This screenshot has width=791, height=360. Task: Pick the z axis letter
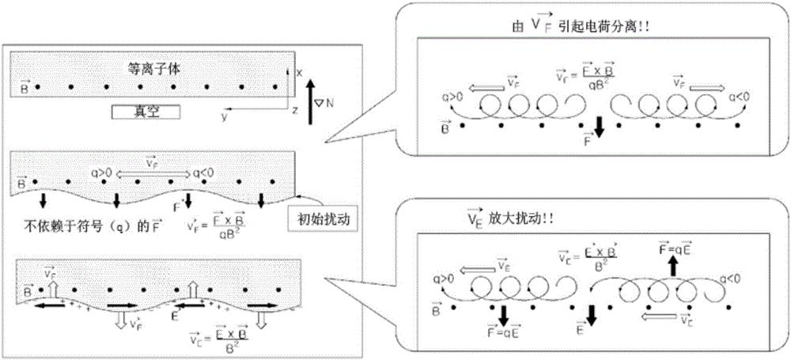[x=295, y=110]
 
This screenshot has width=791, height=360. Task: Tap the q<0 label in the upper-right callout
[x=736, y=98]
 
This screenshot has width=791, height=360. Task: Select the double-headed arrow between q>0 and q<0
[x=150, y=172]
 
